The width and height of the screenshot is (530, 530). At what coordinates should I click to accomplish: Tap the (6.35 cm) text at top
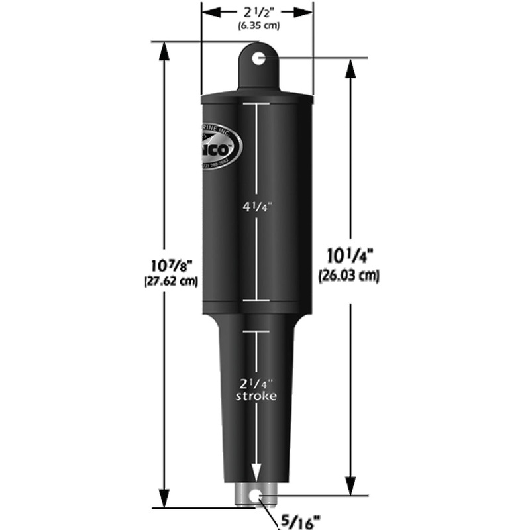click(258, 26)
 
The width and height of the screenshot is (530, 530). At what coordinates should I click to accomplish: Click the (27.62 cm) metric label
click(172, 280)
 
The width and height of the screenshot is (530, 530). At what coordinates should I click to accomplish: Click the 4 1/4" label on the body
click(257, 206)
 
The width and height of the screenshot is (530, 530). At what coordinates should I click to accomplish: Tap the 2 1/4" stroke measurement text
click(257, 382)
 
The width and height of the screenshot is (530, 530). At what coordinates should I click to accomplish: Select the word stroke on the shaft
click(257, 396)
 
